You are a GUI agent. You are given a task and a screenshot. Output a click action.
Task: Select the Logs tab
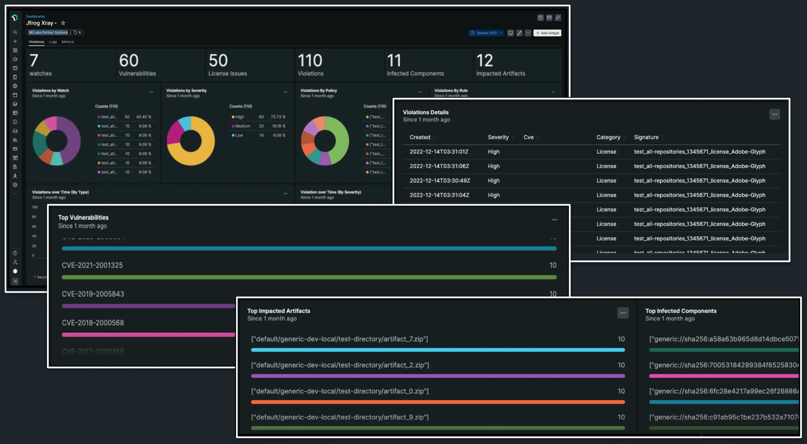point(53,42)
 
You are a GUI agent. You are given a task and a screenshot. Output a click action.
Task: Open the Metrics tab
point(68,42)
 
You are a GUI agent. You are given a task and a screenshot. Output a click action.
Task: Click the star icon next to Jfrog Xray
point(63,23)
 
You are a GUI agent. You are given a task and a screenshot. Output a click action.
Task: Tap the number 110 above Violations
point(309,60)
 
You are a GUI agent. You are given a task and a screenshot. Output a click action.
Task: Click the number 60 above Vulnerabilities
point(129,60)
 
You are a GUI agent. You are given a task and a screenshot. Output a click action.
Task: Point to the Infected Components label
point(415,73)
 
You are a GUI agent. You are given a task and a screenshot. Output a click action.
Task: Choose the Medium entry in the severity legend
point(243,126)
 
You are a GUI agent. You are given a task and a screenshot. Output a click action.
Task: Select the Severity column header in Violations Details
point(498,137)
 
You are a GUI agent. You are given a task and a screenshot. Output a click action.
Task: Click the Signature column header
point(646,137)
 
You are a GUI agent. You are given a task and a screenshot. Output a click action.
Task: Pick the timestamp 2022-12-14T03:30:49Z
point(440,180)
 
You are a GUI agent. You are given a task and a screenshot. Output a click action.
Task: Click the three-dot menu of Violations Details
point(775,114)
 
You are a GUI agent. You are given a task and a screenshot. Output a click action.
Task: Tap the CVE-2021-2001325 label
point(92,265)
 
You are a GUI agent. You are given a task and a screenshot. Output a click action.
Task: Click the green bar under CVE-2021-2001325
point(309,277)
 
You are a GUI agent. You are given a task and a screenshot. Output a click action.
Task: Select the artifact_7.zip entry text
point(339,339)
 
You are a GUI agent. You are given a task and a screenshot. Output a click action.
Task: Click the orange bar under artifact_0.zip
point(438,402)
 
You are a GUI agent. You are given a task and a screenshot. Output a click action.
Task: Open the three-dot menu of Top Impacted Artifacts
point(623,313)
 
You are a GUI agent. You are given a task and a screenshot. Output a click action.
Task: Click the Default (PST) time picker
point(486,33)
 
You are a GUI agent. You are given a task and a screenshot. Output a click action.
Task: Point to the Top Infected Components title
point(681,311)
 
